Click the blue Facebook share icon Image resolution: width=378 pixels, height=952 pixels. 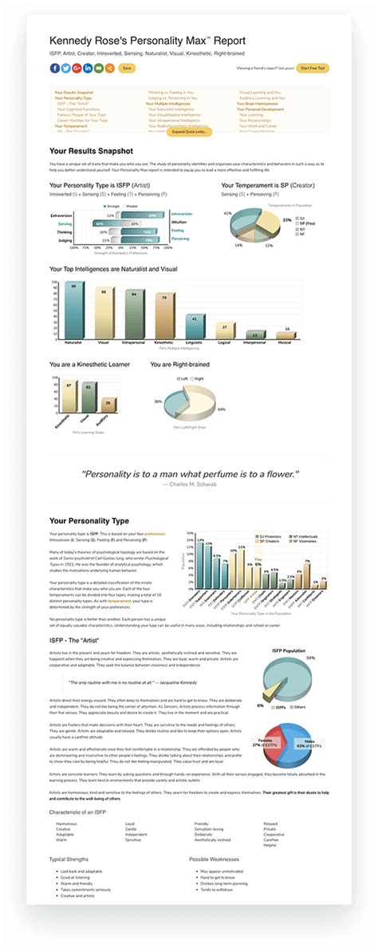[53, 69]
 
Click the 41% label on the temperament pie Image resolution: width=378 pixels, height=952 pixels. [227, 214]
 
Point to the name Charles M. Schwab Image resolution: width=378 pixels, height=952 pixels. [192, 484]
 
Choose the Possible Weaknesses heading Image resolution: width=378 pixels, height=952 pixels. [216, 859]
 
